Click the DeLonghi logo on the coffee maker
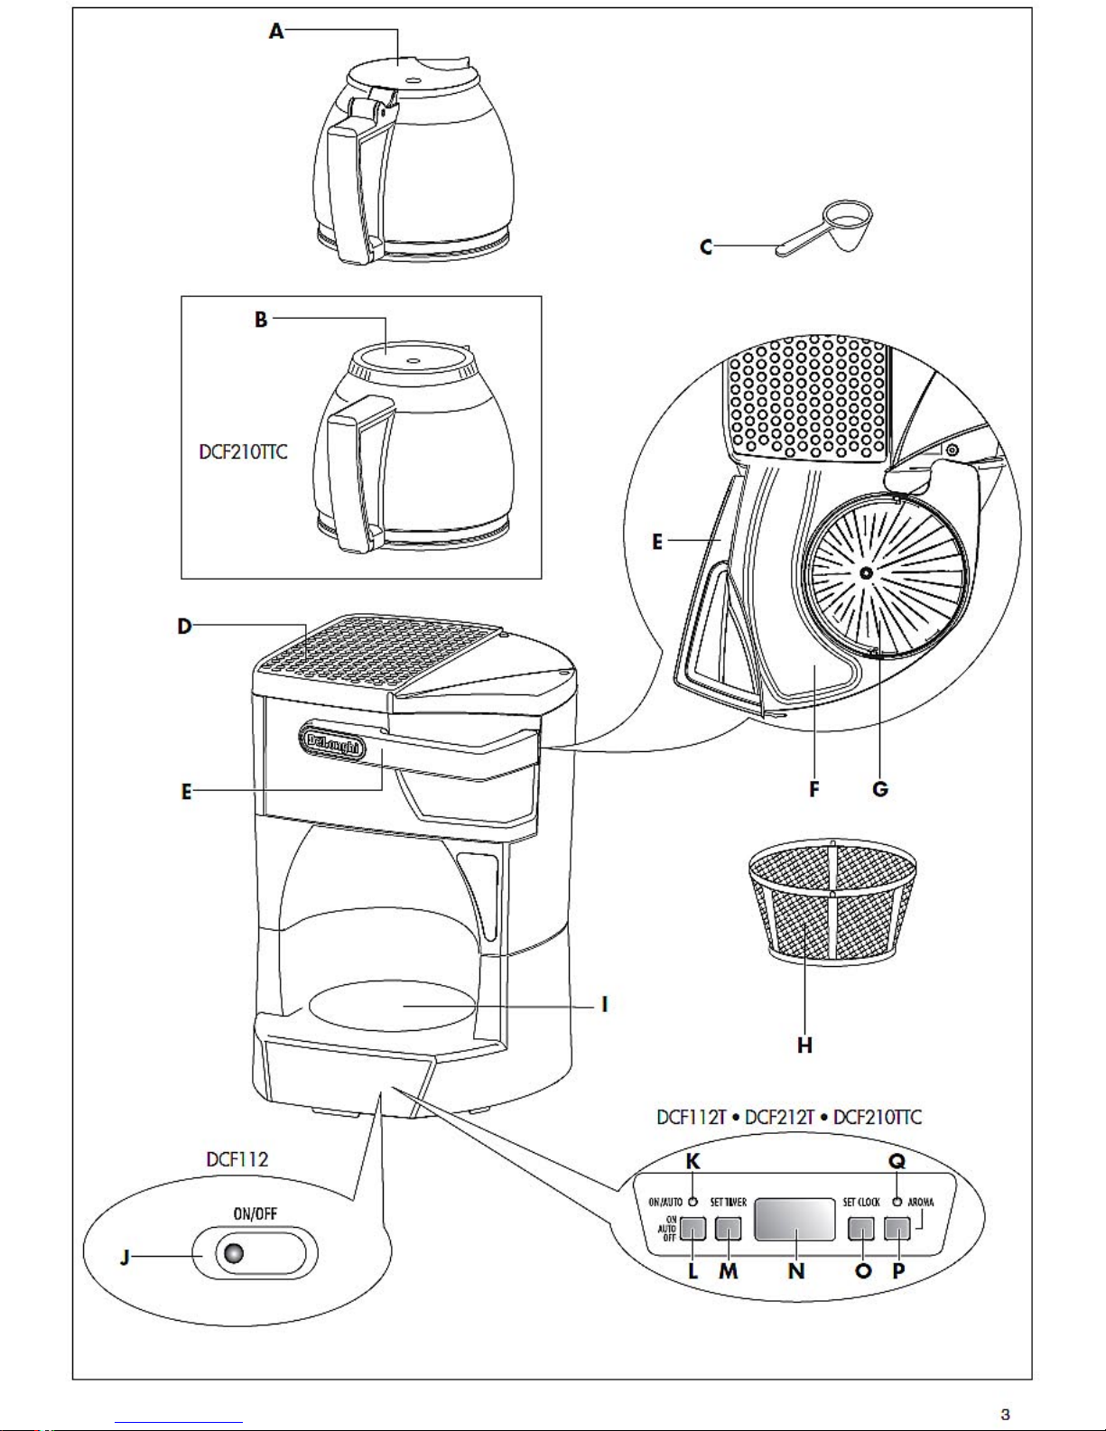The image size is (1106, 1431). coord(333,746)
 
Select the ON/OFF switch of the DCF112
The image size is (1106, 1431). coord(256,1254)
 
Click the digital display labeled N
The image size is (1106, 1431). coord(795,1220)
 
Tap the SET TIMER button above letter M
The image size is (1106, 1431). coord(728,1228)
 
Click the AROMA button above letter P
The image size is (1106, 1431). coord(897,1228)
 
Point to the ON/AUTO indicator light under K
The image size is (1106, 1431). coord(692,1202)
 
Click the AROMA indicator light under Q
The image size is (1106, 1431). coord(897,1202)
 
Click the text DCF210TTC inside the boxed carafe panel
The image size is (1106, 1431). coord(243,452)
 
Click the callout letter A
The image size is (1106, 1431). coord(276,32)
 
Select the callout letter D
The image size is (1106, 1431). coord(185,626)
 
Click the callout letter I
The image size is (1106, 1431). coord(604,1004)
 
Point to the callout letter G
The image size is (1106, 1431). coord(880,789)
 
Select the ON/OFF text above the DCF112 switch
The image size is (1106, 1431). coord(255,1214)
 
